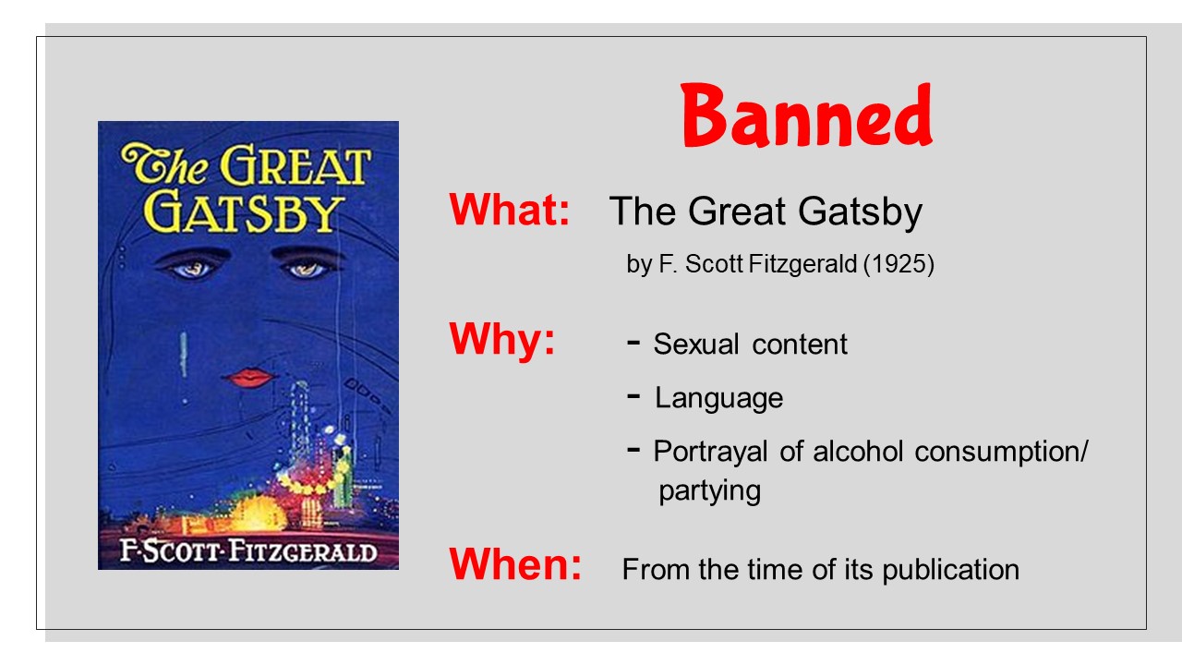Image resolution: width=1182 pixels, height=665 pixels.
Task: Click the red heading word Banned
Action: click(x=807, y=115)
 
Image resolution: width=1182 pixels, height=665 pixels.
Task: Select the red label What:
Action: click(x=510, y=210)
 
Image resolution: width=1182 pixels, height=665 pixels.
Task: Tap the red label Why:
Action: click(x=502, y=339)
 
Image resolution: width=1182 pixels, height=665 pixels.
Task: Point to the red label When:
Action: click(x=515, y=564)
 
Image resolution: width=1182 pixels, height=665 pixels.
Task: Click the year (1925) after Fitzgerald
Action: click(x=899, y=264)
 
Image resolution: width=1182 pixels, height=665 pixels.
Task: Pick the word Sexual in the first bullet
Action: click(x=696, y=345)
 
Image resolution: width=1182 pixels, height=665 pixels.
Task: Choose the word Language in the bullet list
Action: click(x=718, y=398)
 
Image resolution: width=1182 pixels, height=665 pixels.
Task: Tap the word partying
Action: click(x=710, y=492)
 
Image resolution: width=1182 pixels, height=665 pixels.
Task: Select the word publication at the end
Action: click(x=950, y=570)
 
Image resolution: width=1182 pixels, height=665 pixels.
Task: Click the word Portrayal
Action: click(x=710, y=453)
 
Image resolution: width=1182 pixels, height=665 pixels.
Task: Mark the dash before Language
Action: click(x=633, y=396)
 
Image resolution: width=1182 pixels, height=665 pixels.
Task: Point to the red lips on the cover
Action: click(x=249, y=378)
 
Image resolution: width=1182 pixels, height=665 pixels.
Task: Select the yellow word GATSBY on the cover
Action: click(x=244, y=212)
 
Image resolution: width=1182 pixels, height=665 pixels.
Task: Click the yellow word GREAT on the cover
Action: click(x=295, y=165)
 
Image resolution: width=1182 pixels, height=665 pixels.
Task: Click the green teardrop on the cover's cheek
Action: click(x=184, y=355)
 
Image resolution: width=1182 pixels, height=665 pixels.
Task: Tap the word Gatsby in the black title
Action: click(x=860, y=212)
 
